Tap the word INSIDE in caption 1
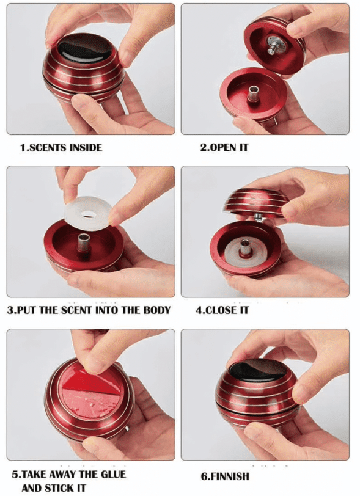[x=86, y=148]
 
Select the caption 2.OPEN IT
[x=224, y=147]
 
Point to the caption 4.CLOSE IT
[x=222, y=310]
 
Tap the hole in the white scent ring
[x=89, y=215]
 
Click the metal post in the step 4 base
[x=244, y=247]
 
